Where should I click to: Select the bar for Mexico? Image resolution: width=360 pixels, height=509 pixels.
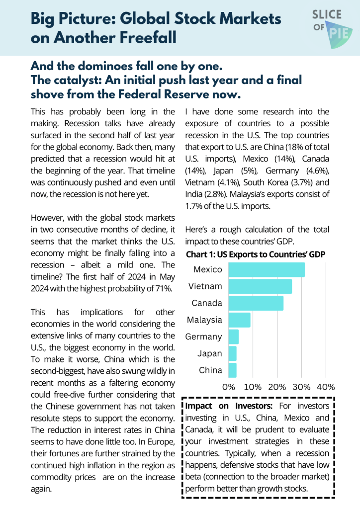click(266, 269)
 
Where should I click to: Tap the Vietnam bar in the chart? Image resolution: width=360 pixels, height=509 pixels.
click(260, 286)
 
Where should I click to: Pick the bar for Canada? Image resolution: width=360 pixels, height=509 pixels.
click(256, 303)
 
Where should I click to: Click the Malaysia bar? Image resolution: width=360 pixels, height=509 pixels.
click(239, 320)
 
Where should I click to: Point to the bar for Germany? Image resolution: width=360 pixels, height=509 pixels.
click(233, 337)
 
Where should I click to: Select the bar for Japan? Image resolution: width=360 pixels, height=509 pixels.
click(232, 353)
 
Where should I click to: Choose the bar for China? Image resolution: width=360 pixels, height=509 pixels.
click(232, 370)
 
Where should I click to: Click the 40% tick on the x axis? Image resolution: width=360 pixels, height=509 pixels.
click(326, 387)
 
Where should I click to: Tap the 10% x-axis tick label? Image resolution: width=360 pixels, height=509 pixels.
click(253, 387)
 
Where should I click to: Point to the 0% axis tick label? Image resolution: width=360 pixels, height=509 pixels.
click(229, 387)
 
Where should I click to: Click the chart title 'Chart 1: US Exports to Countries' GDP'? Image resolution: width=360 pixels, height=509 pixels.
click(256, 254)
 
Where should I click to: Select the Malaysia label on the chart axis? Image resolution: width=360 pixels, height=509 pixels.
click(204, 320)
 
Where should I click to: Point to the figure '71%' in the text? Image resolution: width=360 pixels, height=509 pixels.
click(161, 289)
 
